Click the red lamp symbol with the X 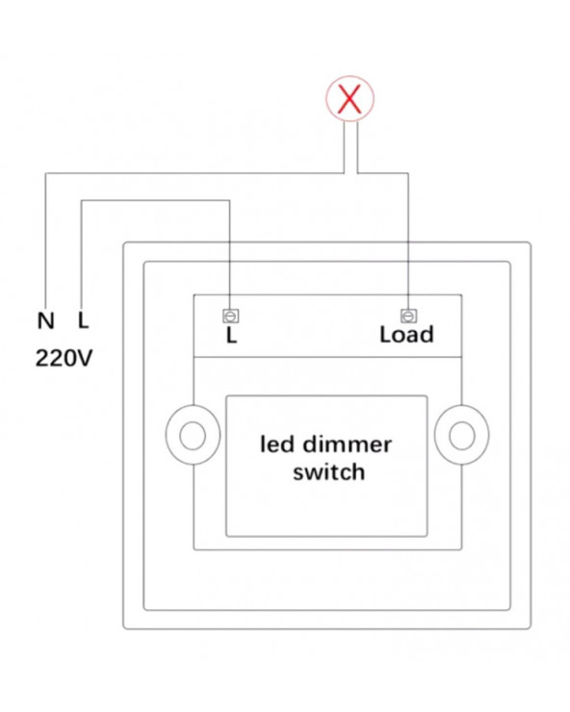(x=350, y=98)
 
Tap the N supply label (x=45, y=321)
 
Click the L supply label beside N (x=83, y=320)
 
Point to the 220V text (x=65, y=358)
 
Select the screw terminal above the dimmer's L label (x=231, y=316)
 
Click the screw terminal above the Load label (x=408, y=316)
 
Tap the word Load (x=407, y=335)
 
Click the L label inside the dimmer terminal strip (x=231, y=336)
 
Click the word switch (x=328, y=472)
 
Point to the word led (x=277, y=445)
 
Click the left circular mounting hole (x=193, y=435)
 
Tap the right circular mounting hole (x=462, y=435)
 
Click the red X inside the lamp (x=350, y=98)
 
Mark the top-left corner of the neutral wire (x=45, y=173)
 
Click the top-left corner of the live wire (x=81, y=200)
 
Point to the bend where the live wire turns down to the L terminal (x=229, y=200)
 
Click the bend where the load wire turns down (x=408, y=173)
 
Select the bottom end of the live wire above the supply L (x=81, y=304)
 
